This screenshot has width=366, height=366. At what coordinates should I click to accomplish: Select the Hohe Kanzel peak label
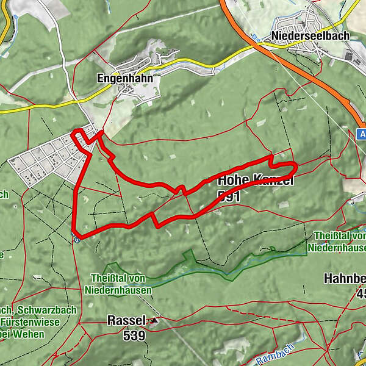(x=256, y=181)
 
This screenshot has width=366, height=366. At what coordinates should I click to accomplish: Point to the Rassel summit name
(x=126, y=320)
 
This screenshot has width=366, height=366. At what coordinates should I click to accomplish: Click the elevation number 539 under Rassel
(x=134, y=335)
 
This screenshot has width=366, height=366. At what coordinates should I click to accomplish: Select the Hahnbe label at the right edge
(x=345, y=279)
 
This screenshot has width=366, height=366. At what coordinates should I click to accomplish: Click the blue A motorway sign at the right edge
(x=361, y=134)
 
